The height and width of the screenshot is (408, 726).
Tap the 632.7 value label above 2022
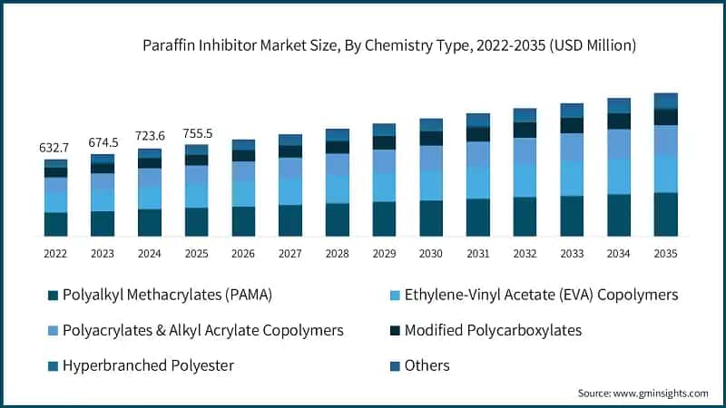55,147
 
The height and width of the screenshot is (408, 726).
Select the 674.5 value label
103,142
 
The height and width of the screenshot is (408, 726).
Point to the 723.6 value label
150,136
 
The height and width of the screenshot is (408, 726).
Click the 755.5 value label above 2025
196,132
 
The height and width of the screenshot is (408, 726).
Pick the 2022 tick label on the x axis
56,254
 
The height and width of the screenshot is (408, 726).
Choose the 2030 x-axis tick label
431,254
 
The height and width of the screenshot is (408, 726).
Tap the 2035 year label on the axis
665,254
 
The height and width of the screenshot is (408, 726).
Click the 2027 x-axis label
290,254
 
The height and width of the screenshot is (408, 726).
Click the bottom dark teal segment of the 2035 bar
666,214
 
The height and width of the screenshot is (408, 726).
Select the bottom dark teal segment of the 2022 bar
56,224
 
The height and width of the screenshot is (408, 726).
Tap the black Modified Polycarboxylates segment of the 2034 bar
619,121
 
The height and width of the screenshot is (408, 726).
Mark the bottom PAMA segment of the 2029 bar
385,219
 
